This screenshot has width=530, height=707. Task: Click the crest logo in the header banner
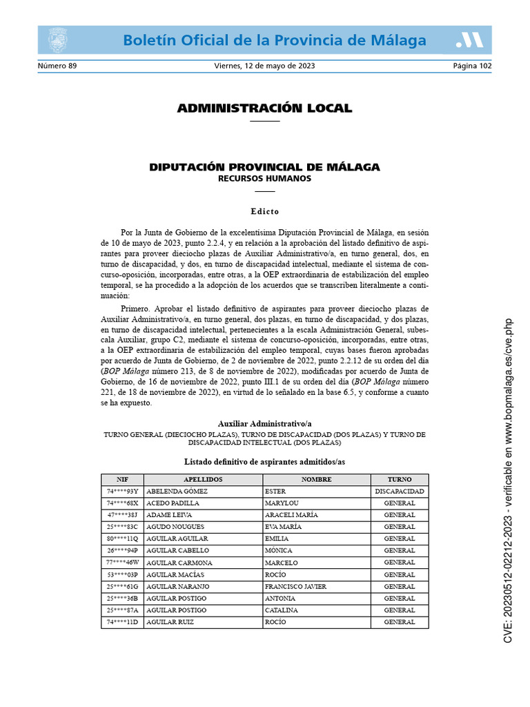coord(57,40)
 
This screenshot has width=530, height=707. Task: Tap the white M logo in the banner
coord(469,41)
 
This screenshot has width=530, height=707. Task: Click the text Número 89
coord(57,66)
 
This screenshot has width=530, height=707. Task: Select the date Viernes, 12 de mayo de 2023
coord(264,66)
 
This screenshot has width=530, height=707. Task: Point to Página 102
coord(472,66)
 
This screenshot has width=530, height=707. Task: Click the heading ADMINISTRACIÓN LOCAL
coord(264,108)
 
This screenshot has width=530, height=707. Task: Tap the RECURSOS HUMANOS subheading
coord(264,179)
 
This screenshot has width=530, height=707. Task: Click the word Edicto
coord(264,211)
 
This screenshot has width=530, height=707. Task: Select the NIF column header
coord(122,479)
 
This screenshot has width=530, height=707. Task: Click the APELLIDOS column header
coord(203,479)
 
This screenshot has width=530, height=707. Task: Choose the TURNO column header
coord(400,479)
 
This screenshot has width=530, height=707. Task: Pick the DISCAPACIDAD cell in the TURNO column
coord(400,492)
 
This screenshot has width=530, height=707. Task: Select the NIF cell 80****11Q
coord(122,539)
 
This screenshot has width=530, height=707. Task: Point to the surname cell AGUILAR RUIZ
coord(170,622)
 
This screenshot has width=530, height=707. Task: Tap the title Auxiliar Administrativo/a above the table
coord(264,423)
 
